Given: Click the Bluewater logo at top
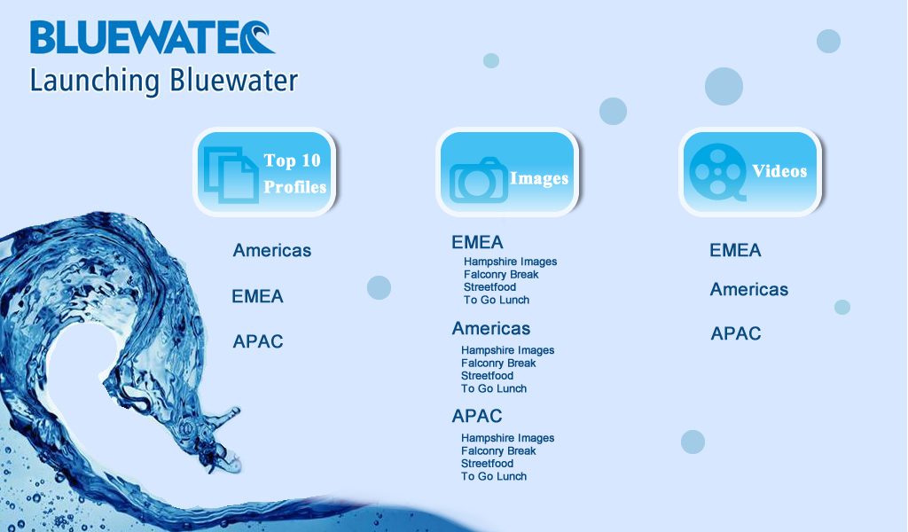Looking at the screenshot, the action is (x=153, y=37).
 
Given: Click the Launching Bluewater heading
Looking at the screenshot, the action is (x=164, y=81).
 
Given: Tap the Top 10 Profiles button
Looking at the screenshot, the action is (x=264, y=172).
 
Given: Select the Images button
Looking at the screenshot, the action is (x=507, y=172).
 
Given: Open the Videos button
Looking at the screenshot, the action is (x=750, y=172).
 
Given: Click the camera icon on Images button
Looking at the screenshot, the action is (x=478, y=181).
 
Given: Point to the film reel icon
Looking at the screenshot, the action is (x=718, y=172).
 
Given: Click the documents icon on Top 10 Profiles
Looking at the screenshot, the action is (x=231, y=176).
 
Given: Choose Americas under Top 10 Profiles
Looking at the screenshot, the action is (x=272, y=251).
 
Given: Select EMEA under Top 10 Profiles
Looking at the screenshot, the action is (x=258, y=296).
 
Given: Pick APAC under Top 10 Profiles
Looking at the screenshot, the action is (x=258, y=341).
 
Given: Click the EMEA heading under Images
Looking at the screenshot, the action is (x=477, y=242).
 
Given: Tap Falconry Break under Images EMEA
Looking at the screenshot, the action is (x=501, y=274).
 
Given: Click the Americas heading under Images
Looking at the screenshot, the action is (x=491, y=328).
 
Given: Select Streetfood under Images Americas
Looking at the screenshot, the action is (x=487, y=376).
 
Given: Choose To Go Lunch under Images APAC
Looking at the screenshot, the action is (x=494, y=476).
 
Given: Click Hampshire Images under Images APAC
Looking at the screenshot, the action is (x=508, y=438).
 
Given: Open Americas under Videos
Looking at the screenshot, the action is (x=749, y=289).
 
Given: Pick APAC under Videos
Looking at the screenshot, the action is (x=736, y=333).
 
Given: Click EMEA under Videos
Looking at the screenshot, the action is (x=735, y=250).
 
